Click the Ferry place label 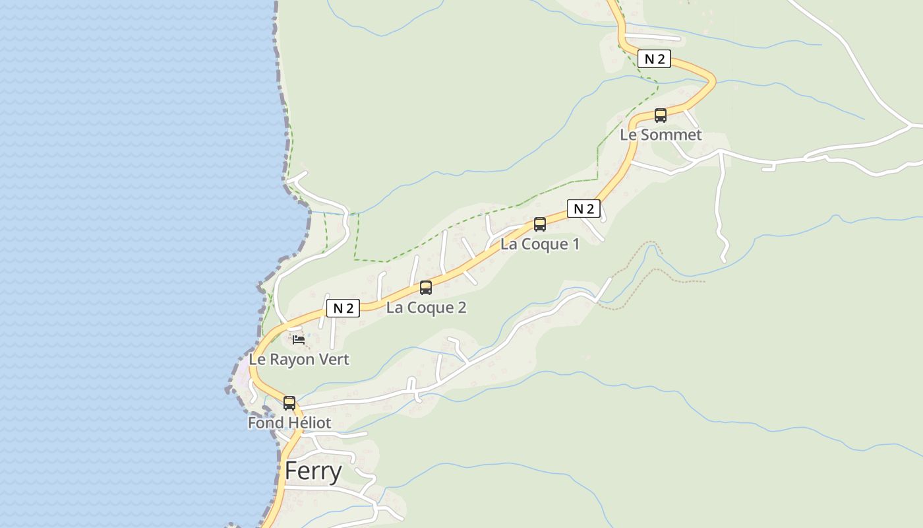pyautogui.click(x=313, y=472)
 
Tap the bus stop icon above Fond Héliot pyautogui.click(x=289, y=403)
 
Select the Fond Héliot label pyautogui.click(x=289, y=422)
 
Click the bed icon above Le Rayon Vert pyautogui.click(x=299, y=340)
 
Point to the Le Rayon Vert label pyautogui.click(x=299, y=360)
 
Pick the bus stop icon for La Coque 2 pyautogui.click(x=426, y=288)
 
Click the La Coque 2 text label pyautogui.click(x=426, y=308)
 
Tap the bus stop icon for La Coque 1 pyautogui.click(x=540, y=224)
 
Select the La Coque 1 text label pyautogui.click(x=540, y=244)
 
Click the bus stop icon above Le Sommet pyautogui.click(x=661, y=115)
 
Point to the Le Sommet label pyautogui.click(x=661, y=135)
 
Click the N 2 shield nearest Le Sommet pyautogui.click(x=654, y=59)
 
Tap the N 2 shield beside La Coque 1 pyautogui.click(x=583, y=209)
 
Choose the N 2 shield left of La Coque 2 pyautogui.click(x=343, y=308)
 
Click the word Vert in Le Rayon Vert pyautogui.click(x=334, y=360)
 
